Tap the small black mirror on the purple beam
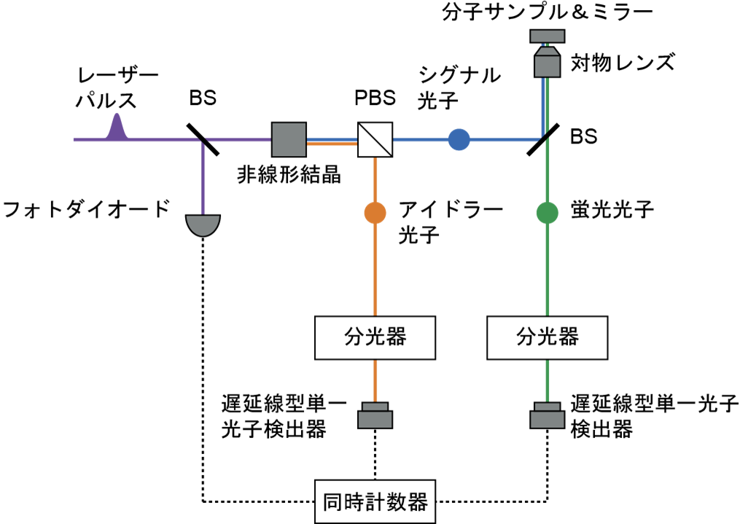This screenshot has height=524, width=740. tap(203, 141)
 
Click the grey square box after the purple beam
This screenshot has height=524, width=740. tap(289, 139)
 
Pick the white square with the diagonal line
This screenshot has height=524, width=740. tap(375, 139)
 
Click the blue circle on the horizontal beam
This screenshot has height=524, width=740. tap(459, 139)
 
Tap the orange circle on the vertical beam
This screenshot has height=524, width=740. tap(375, 213)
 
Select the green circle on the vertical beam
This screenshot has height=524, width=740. tap(547, 213)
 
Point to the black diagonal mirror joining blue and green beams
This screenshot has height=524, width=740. tap(544, 136)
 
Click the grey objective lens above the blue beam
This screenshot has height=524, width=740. tap(547, 62)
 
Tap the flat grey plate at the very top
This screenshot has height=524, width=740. tap(547, 36)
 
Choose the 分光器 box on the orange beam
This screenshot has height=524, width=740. tap(375, 337)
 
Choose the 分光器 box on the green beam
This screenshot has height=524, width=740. tap(547, 337)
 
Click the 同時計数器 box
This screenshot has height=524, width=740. tap(375, 502)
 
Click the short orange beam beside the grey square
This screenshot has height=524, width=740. tap(332, 144)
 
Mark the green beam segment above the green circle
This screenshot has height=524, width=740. tap(548, 171)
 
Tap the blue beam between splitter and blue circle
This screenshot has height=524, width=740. tap(419, 139)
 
